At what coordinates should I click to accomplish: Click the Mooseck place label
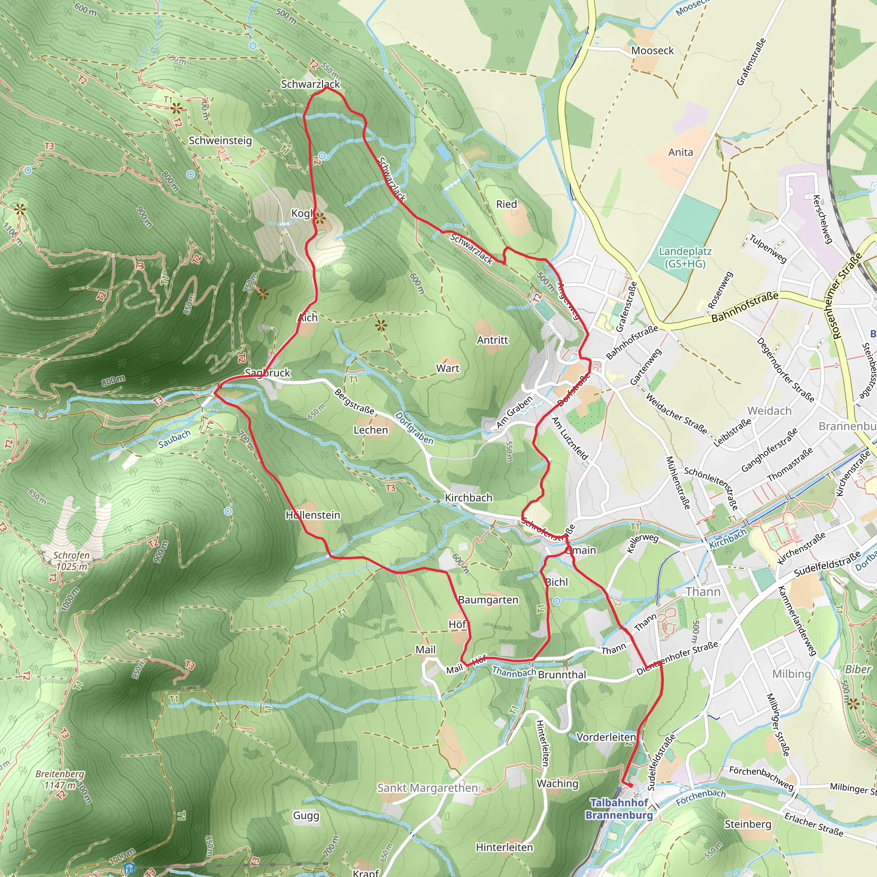(x=652, y=51)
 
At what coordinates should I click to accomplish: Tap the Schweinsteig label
(x=220, y=140)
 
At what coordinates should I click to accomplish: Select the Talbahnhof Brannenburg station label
(x=619, y=808)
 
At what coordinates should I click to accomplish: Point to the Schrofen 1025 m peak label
(x=72, y=561)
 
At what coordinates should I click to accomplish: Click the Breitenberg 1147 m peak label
(x=60, y=779)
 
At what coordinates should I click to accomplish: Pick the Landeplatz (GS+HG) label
(x=685, y=257)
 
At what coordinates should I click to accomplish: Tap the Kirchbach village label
(x=468, y=498)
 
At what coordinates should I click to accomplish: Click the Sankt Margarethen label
(x=427, y=788)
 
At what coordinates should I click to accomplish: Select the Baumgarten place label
(x=488, y=600)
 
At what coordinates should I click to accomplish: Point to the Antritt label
(x=492, y=340)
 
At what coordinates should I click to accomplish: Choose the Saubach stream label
(x=174, y=439)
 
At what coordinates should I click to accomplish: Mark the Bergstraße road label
(x=355, y=401)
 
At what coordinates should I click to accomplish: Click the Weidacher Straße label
(x=676, y=414)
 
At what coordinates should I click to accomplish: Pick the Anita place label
(x=680, y=152)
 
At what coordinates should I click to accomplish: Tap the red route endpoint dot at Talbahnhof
(x=630, y=785)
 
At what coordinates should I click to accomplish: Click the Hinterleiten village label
(x=504, y=847)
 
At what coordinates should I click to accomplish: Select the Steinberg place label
(x=748, y=824)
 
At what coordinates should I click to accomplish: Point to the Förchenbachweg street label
(x=761, y=778)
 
